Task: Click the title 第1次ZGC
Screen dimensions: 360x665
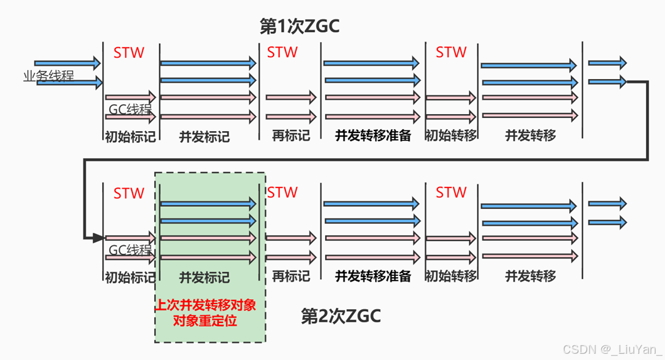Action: [299, 26]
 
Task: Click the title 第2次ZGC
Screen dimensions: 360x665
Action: [341, 316]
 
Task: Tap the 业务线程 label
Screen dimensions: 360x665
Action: [48, 76]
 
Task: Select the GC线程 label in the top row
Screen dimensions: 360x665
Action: [130, 109]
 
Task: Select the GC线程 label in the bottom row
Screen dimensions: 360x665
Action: [130, 250]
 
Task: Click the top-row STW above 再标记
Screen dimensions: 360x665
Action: [282, 53]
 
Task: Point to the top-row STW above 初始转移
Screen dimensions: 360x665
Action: [451, 53]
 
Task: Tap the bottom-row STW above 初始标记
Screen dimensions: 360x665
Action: [129, 193]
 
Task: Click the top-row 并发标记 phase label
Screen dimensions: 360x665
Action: [205, 136]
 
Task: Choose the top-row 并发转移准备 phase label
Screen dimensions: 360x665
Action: [373, 135]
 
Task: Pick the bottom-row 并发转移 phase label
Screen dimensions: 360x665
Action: [531, 276]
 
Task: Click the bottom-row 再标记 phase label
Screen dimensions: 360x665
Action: [290, 276]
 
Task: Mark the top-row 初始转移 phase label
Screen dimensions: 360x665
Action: [451, 135]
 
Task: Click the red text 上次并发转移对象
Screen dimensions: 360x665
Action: [210, 305]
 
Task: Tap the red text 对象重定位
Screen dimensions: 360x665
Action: [210, 320]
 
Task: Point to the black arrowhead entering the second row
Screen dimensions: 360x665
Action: [97, 238]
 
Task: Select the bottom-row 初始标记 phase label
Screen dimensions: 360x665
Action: [130, 277]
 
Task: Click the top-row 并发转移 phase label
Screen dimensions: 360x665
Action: [531, 135]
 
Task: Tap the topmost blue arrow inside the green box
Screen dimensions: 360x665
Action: [208, 204]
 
